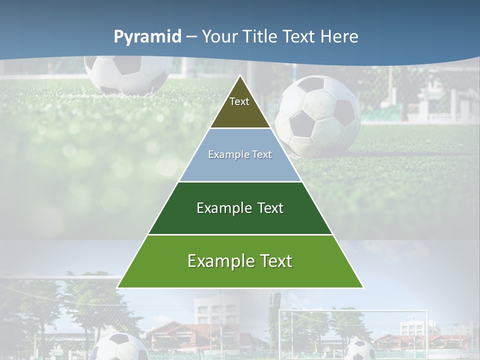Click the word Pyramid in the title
147,37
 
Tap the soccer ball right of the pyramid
318,116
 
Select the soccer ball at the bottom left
120,347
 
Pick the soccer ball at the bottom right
360,350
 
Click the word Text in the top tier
239,101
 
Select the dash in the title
191,37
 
